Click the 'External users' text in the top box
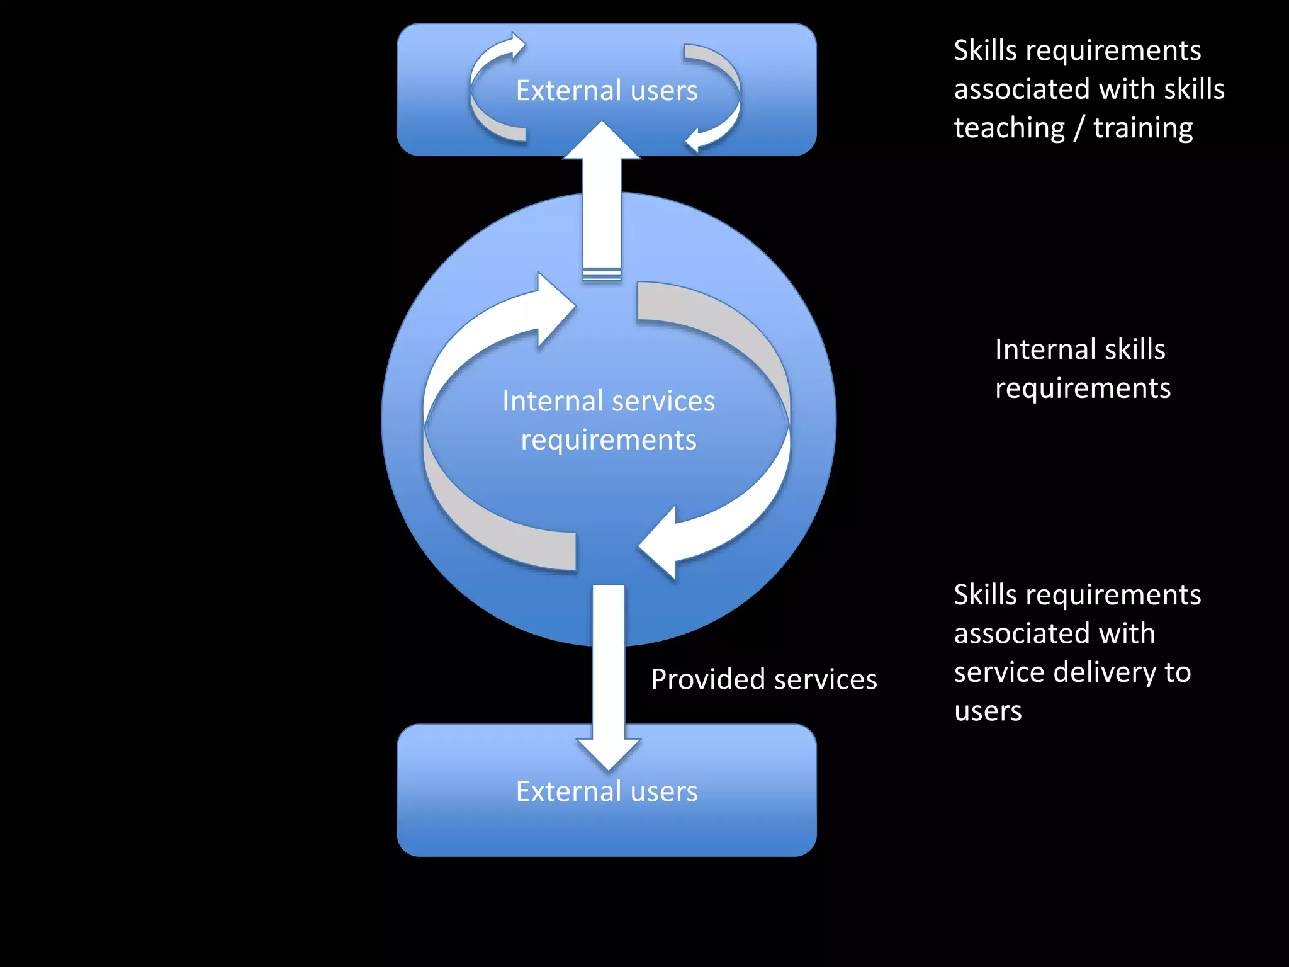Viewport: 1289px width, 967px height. [x=607, y=91]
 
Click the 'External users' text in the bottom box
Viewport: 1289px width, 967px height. [x=607, y=791]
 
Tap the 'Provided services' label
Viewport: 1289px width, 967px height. [x=763, y=679]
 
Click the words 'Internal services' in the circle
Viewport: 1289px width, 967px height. [x=608, y=401]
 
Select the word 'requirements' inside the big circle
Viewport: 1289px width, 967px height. [x=608, y=439]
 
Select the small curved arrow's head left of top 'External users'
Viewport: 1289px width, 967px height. [x=517, y=45]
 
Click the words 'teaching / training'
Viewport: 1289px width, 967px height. [x=1072, y=128]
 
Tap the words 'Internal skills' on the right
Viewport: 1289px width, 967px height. [x=1080, y=349]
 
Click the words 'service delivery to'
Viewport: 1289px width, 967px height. [x=1072, y=672]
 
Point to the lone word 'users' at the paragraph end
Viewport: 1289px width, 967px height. [x=988, y=711]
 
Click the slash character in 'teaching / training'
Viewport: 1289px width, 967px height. [x=1079, y=128]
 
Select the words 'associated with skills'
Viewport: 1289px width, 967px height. [x=1089, y=89]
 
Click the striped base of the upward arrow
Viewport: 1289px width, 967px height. [x=602, y=274]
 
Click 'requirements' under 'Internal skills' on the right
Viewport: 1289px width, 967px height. [x=1083, y=388]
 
